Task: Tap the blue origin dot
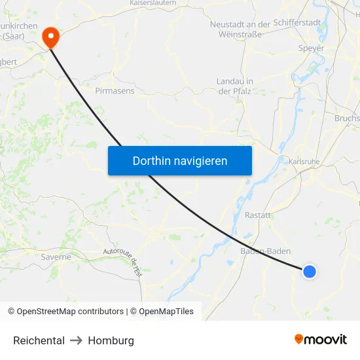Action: pyautogui.click(x=309, y=271)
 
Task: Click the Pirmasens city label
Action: pyautogui.click(x=115, y=90)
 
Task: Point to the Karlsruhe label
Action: pyautogui.click(x=303, y=161)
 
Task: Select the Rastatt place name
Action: pyautogui.click(x=258, y=215)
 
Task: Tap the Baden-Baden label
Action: pyautogui.click(x=265, y=251)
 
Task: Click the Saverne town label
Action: pyautogui.click(x=56, y=257)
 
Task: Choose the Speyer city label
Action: pyautogui.click(x=311, y=48)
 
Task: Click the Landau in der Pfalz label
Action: pyautogui.click(x=235, y=86)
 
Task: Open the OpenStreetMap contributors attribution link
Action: pyautogui.click(x=70, y=312)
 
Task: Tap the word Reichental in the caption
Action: pyautogui.click(x=39, y=340)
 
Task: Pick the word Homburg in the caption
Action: pyautogui.click(x=111, y=340)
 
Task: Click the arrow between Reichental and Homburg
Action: pyautogui.click(x=76, y=340)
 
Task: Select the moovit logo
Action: pyautogui.click(x=321, y=340)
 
